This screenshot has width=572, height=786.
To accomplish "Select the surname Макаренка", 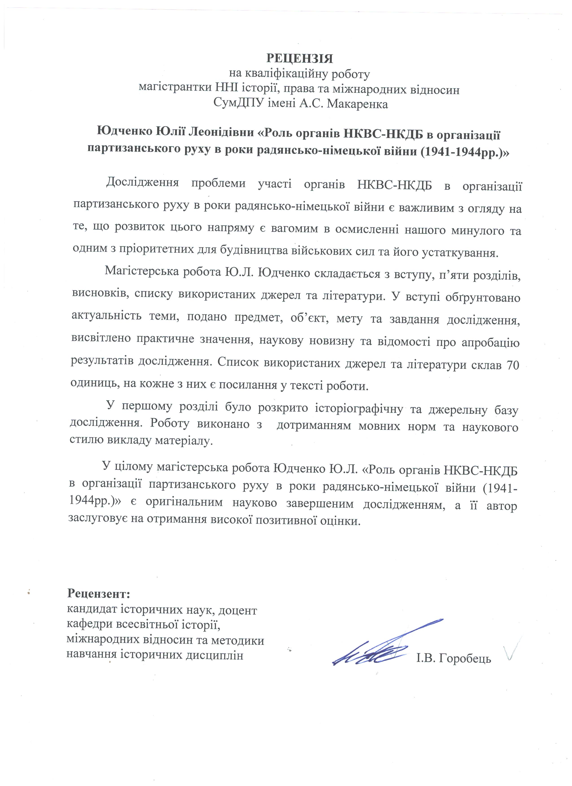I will click(x=357, y=104).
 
